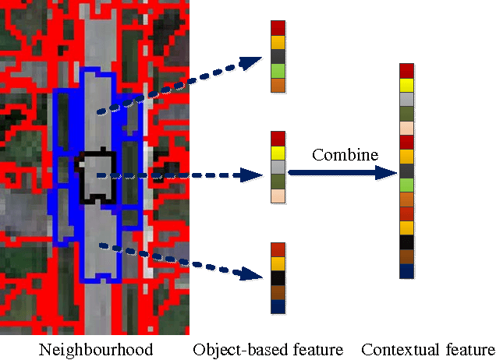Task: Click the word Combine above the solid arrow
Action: [345, 155]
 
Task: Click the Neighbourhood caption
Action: [96, 348]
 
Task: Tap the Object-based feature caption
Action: [267, 348]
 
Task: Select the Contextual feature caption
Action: [427, 348]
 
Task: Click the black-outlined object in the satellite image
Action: [96, 175]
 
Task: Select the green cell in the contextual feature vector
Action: [406, 185]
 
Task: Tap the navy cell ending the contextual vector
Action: [406, 271]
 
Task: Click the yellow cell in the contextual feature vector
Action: [406, 84]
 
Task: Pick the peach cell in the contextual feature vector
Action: [406, 127]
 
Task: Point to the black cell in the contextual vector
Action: [406, 242]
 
